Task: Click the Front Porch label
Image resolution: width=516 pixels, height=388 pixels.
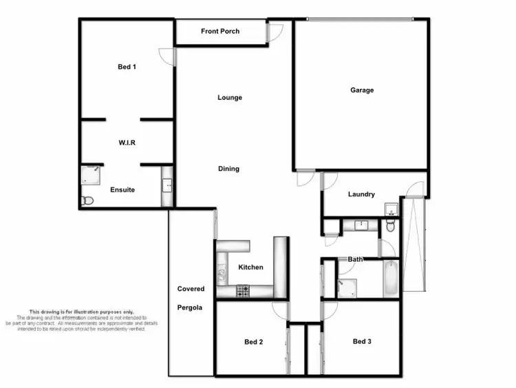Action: click(220, 32)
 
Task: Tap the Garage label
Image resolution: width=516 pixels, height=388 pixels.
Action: click(362, 90)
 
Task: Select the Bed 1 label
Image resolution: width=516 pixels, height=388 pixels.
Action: click(126, 67)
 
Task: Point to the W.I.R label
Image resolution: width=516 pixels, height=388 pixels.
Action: click(126, 143)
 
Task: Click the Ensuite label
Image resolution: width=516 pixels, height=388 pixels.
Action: click(122, 190)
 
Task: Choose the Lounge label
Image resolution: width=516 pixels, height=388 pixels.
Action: click(230, 98)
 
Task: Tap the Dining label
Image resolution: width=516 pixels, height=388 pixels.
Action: click(229, 169)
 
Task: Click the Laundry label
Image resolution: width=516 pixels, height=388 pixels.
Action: click(361, 194)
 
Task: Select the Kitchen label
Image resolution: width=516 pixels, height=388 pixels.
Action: click(250, 267)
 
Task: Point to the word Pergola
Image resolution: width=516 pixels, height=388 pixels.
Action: click(189, 307)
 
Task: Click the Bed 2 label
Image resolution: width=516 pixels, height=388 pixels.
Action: click(253, 342)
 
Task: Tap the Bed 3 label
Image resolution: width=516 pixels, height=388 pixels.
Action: click(362, 341)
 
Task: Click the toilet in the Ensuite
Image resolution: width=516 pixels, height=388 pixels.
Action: click(86, 201)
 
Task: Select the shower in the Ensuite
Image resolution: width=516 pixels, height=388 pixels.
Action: click(90, 175)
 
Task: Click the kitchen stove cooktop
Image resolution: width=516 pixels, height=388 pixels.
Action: click(243, 292)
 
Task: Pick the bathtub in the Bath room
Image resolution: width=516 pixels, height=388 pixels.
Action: click(390, 278)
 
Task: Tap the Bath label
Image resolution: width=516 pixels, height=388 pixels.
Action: click(355, 259)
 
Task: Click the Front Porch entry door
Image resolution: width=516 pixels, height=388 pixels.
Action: click(274, 32)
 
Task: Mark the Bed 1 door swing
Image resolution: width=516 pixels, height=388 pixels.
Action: click(166, 56)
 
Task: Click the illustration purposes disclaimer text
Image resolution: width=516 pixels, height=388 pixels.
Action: click(82, 320)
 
